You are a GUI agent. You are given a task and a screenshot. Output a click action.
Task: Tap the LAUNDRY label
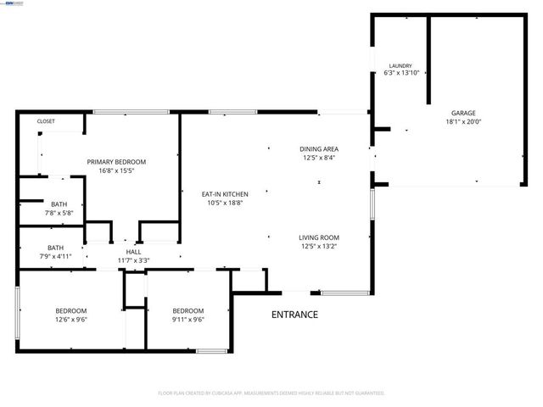point(400,65)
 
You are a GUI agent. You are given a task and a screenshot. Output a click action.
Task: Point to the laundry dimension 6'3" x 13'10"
point(400,73)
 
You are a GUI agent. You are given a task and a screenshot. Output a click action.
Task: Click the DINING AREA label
point(318,148)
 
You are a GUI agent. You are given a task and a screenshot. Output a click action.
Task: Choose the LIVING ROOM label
point(318,237)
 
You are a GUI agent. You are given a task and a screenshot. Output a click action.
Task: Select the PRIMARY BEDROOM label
point(117,161)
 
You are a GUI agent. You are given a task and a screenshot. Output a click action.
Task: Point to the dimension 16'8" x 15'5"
point(117,170)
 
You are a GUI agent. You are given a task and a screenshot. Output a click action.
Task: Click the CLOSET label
point(46,121)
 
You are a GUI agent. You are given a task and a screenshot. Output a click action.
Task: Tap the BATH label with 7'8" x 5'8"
point(59,203)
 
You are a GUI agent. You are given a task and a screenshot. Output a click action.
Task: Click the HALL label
point(134,252)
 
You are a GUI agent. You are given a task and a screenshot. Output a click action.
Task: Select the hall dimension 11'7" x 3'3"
point(134,259)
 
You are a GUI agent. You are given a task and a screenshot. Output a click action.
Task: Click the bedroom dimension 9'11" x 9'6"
point(188,320)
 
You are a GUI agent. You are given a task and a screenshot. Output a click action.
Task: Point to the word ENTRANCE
point(294,315)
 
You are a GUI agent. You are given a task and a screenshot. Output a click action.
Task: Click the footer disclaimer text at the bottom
point(271,393)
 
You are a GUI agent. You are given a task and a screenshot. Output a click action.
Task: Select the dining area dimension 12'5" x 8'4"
point(318,157)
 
